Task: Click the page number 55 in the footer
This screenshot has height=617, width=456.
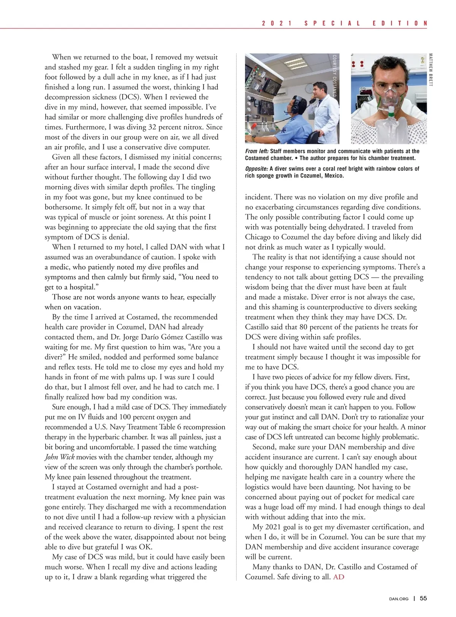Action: pos(423,598)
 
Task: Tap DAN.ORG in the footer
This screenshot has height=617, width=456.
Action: pos(399,599)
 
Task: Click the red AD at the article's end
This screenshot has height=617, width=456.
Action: pos(339,577)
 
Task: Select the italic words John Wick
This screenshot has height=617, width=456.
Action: pos(59,457)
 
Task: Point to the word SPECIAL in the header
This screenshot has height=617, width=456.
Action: pos(332,23)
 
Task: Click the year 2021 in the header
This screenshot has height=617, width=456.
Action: pos(277,23)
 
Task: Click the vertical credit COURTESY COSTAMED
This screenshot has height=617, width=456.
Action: pos(334,76)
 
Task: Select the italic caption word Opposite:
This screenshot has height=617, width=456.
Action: pos(256,169)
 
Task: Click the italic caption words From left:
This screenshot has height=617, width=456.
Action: pos(256,151)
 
